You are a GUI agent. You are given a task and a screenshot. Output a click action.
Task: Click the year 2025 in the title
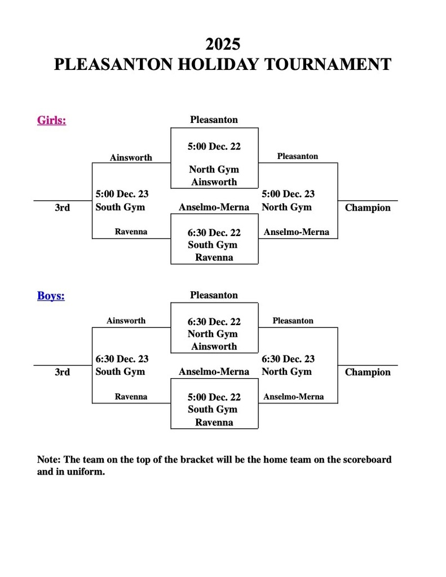pos(223,44)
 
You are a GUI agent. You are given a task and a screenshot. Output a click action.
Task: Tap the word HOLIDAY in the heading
pos(222,64)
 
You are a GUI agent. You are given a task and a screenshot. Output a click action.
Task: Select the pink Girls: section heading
pos(51,120)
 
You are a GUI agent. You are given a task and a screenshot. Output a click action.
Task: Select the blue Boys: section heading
pos(51,296)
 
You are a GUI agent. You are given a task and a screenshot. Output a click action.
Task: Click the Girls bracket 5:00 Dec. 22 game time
pos(214,147)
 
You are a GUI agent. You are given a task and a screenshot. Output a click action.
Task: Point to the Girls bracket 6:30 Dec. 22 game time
pos(214,233)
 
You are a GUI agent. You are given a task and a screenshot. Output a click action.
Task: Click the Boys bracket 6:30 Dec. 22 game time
pos(214,322)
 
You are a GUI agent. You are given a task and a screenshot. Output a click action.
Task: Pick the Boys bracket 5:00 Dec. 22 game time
pos(214,397)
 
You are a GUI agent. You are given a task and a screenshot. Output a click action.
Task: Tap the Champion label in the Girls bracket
pos(367,208)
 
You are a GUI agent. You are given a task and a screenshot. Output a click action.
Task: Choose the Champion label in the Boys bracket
pos(367,372)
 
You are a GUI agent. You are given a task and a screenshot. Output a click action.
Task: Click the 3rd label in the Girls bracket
pos(62,208)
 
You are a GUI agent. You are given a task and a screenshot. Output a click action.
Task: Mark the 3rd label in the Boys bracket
pos(62,372)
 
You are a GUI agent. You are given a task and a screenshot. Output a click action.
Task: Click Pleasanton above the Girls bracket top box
pos(214,119)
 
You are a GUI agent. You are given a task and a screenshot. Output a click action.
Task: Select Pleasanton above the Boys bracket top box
pos(214,295)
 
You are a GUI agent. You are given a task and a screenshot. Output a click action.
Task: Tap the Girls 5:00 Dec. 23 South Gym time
pos(122,194)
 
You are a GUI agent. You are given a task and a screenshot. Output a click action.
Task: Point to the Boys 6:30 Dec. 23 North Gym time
pos(288,359)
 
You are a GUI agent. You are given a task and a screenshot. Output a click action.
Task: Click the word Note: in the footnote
pos(49,460)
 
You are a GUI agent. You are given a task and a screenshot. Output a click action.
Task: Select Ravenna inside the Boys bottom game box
pos(214,423)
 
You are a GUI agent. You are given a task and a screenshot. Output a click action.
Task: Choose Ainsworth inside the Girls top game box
pos(214,182)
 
